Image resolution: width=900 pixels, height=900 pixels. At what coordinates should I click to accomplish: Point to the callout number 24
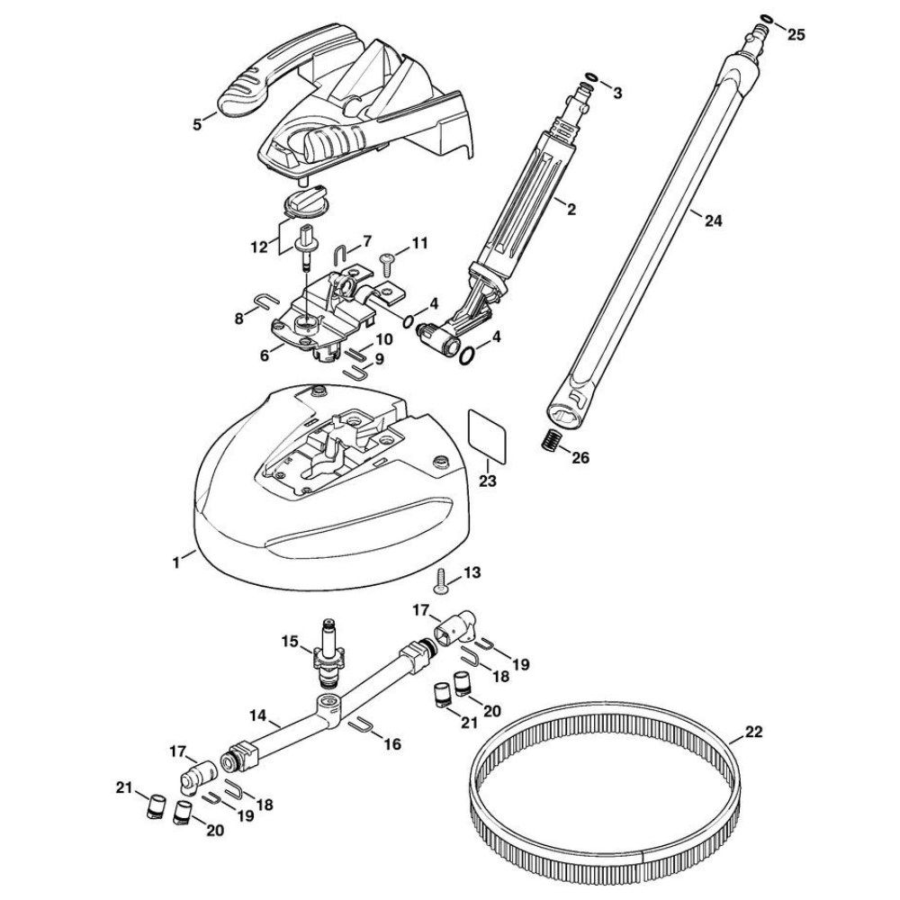click(714, 220)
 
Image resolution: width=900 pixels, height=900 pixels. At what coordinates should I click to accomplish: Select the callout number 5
click(197, 124)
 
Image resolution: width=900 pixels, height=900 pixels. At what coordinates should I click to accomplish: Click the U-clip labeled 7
click(339, 253)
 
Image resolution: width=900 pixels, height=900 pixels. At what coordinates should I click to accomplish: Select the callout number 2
click(571, 210)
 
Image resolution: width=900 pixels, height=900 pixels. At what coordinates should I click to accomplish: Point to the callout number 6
click(264, 355)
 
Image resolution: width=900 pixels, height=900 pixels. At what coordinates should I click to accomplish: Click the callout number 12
click(259, 247)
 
